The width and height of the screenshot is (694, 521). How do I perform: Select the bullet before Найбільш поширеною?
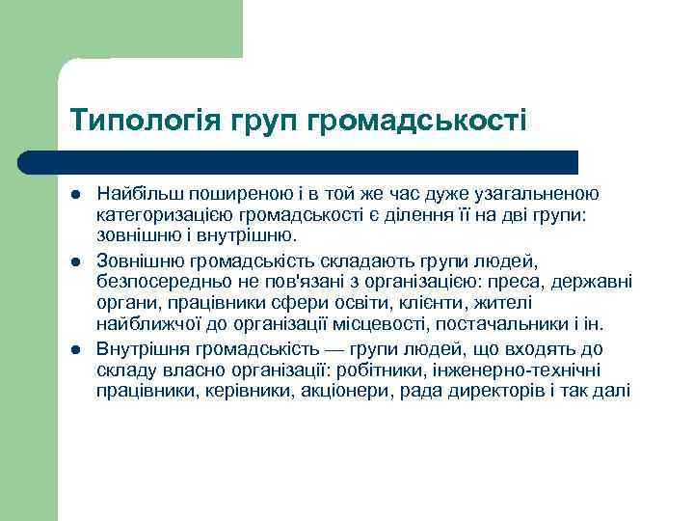pyautogui.click(x=76, y=193)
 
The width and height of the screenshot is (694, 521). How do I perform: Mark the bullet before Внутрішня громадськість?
pyautogui.click(x=76, y=348)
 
